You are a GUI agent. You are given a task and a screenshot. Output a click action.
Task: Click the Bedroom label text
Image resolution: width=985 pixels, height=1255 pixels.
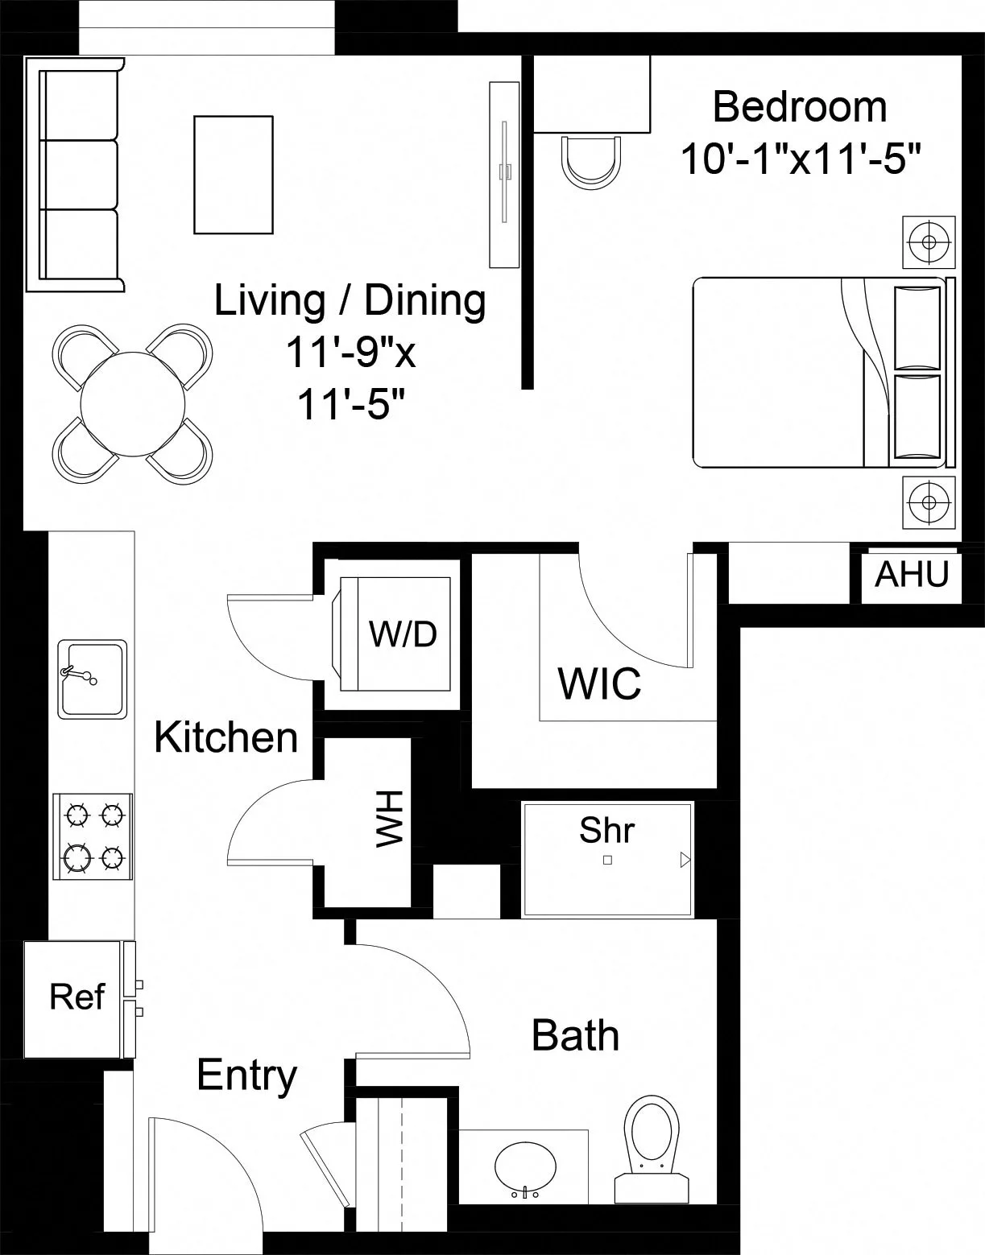800,107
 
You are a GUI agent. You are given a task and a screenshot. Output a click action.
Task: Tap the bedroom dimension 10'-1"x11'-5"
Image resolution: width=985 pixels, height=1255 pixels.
801,159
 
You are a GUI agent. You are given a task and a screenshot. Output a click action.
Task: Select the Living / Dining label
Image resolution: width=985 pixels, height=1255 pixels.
350,300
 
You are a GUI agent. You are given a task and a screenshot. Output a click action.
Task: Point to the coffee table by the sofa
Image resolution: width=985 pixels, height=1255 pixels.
234,175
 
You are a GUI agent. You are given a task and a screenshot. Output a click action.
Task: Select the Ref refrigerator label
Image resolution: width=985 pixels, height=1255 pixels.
77,997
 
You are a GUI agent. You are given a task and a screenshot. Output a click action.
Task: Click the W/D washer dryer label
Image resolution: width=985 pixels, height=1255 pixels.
403,634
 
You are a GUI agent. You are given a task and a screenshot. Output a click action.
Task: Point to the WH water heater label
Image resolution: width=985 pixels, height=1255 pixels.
389,819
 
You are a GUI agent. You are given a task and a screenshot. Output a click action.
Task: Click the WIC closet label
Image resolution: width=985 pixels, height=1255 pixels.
600,683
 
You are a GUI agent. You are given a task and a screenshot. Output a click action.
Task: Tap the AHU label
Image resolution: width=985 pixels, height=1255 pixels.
912,575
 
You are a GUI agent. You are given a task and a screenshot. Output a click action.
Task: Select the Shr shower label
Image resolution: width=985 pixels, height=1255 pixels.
606,830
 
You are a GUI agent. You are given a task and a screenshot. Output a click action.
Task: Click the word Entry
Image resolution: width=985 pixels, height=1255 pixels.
246,1075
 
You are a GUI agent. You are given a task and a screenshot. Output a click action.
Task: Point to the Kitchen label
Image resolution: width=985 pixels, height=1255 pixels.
226,737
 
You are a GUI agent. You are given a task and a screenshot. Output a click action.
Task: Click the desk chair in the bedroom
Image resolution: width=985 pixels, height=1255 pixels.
592,162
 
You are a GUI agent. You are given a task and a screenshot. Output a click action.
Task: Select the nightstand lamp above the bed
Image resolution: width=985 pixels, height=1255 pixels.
929,242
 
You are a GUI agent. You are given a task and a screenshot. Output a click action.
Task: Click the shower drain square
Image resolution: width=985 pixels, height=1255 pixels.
607,860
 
